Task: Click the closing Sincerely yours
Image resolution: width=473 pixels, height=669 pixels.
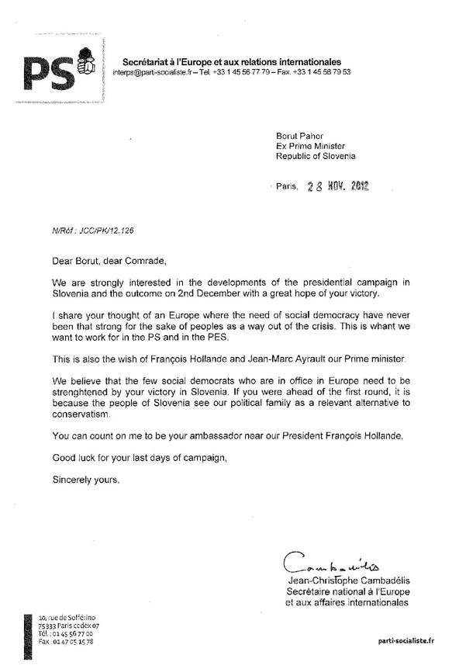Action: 87,480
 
